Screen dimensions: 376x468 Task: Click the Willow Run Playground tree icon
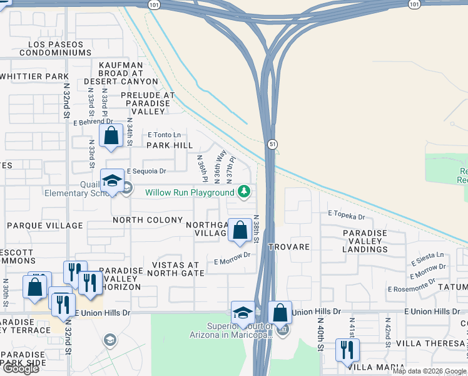point(245,192)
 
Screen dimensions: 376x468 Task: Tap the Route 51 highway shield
point(270,144)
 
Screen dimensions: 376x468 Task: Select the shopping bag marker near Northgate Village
point(240,229)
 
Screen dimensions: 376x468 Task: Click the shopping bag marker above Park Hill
point(111,135)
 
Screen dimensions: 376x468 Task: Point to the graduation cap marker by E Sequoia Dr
point(113,181)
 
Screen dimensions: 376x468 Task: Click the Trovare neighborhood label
point(289,247)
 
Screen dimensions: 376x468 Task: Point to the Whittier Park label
point(34,76)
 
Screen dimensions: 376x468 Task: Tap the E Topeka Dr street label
point(347,216)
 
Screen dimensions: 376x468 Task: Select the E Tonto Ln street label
point(164,135)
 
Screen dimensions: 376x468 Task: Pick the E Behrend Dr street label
point(93,122)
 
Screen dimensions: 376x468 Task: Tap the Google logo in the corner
point(21,368)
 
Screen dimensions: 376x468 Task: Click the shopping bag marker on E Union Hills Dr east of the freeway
point(280,312)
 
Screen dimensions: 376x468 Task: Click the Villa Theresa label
point(426,343)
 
